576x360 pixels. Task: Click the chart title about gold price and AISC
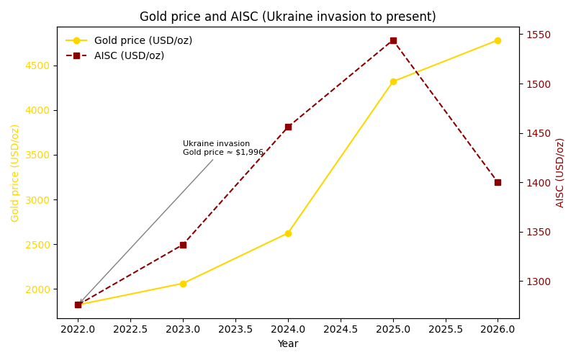(287, 17)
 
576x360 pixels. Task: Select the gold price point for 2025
(393, 81)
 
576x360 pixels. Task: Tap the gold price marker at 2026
(498, 40)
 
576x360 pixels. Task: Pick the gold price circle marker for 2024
(288, 233)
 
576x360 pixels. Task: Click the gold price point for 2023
(183, 284)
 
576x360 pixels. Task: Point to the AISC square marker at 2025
(393, 40)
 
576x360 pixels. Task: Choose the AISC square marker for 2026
(498, 182)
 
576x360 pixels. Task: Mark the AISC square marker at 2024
(288, 127)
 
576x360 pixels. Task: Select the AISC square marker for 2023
(183, 245)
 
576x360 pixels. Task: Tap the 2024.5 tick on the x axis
(340, 330)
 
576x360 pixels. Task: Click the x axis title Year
(287, 344)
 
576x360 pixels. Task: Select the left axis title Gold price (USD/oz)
(15, 173)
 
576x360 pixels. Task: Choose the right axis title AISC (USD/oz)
(560, 173)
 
